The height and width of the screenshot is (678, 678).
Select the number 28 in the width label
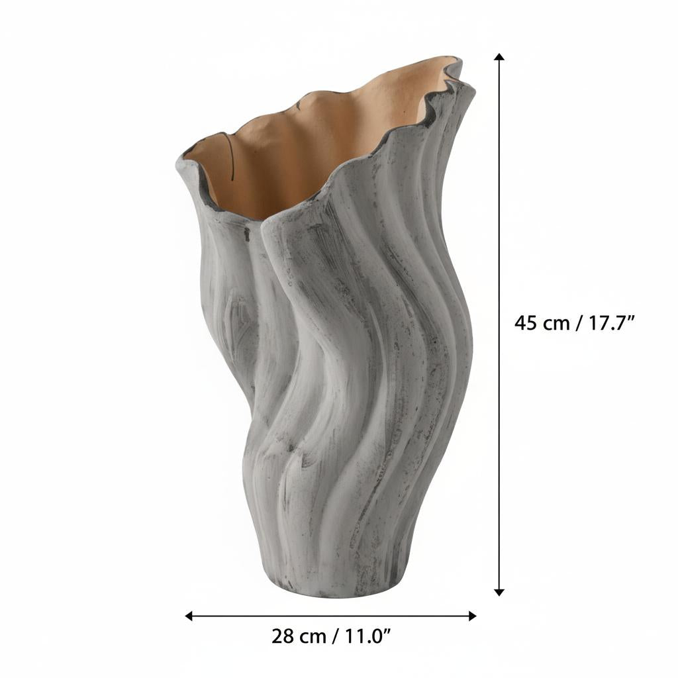[x=283, y=637]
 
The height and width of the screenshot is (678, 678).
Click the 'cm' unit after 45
[x=556, y=323]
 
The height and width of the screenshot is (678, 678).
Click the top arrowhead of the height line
[x=499, y=58]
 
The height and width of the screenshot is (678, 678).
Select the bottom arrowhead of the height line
[x=499, y=591]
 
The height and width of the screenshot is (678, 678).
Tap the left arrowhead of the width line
[x=189, y=616]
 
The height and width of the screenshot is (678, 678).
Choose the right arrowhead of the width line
[x=472, y=616]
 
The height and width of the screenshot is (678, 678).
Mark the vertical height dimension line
[x=499, y=199]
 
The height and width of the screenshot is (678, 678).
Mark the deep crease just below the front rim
[x=262, y=238]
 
